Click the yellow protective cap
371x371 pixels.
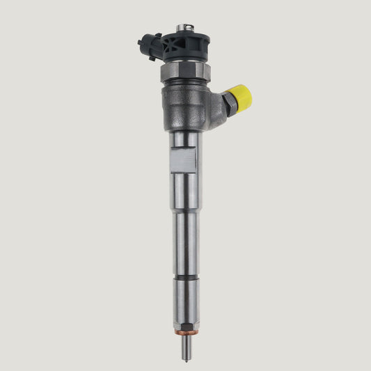click(x=241, y=98)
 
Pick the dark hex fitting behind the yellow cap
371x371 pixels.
click(x=228, y=104)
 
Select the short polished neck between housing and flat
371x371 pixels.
click(x=186, y=139)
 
